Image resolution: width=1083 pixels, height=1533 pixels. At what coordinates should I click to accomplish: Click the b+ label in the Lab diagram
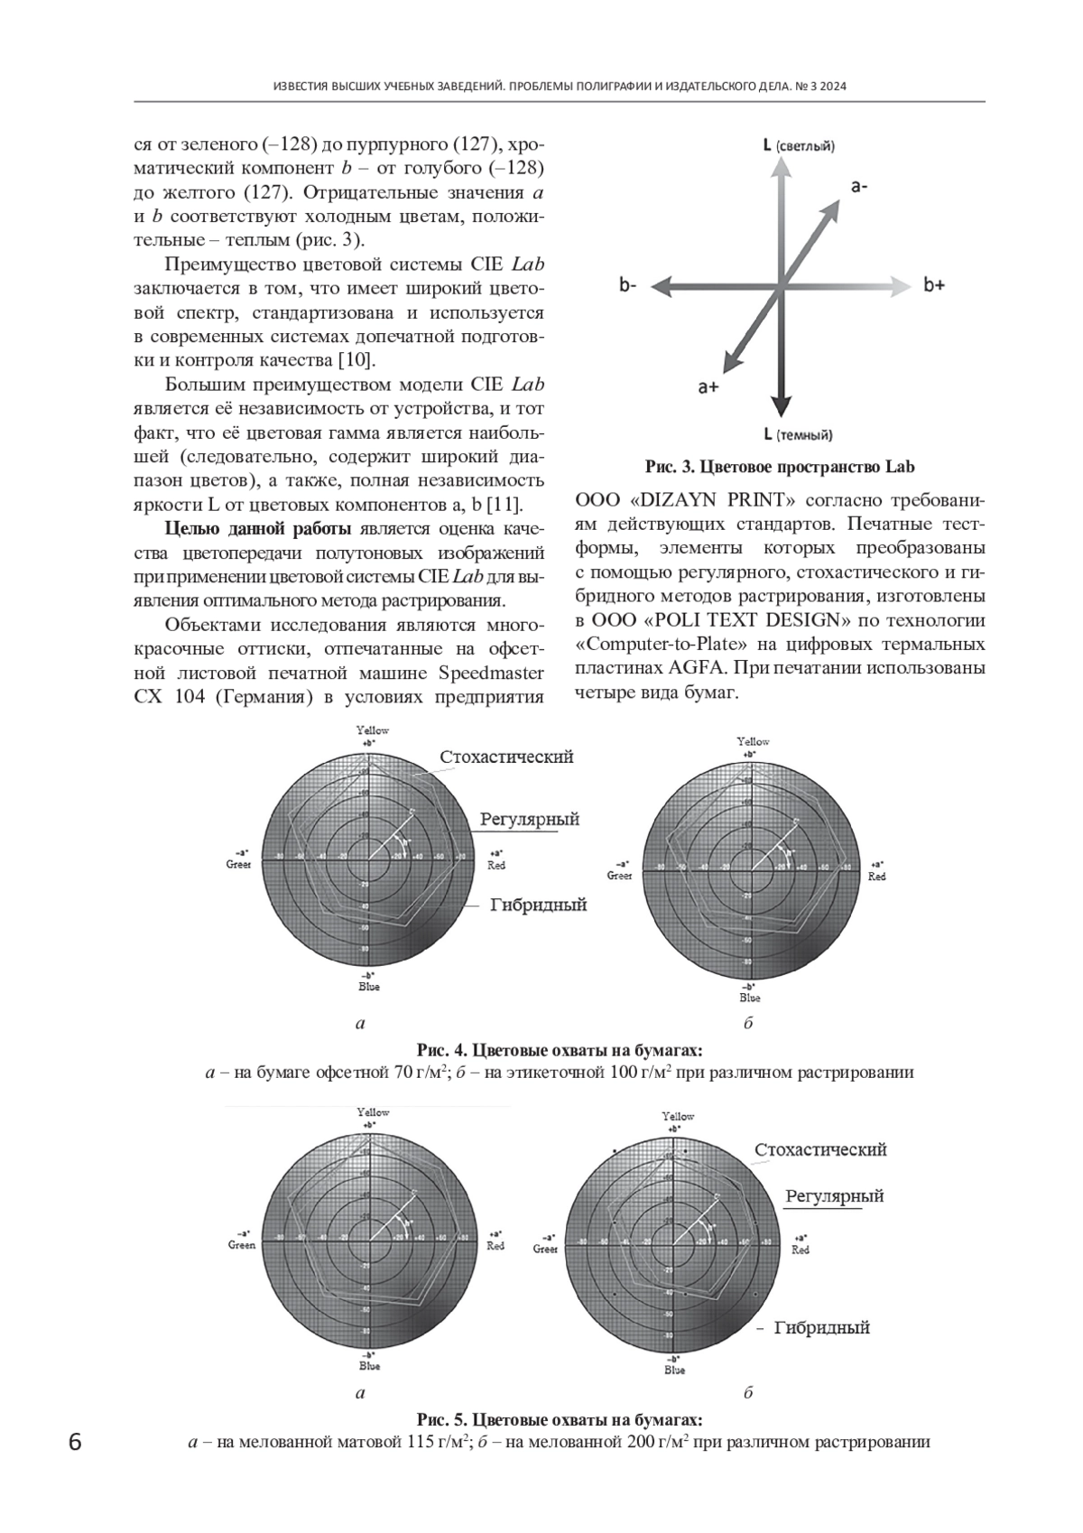click(x=934, y=285)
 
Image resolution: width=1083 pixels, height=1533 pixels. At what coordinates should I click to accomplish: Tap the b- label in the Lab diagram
click(x=628, y=285)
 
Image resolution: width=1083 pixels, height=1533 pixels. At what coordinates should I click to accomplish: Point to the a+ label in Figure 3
click(x=708, y=387)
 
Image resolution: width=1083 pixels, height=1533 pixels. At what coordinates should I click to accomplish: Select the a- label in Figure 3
click(x=859, y=186)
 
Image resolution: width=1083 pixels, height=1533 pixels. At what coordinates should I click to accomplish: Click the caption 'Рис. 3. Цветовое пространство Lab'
click(x=780, y=467)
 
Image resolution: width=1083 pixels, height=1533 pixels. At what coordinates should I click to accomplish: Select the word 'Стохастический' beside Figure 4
click(x=506, y=757)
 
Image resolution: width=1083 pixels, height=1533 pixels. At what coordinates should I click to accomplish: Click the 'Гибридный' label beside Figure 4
click(x=539, y=904)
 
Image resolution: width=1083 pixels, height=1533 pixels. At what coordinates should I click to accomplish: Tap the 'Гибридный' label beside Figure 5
click(x=822, y=1327)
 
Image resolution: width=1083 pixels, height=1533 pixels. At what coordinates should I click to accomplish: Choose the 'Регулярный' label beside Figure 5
click(x=834, y=1195)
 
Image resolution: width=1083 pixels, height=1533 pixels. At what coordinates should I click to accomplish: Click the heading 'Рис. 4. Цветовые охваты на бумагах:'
click(x=560, y=1051)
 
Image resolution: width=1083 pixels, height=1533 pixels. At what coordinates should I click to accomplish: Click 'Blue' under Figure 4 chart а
click(x=369, y=987)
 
